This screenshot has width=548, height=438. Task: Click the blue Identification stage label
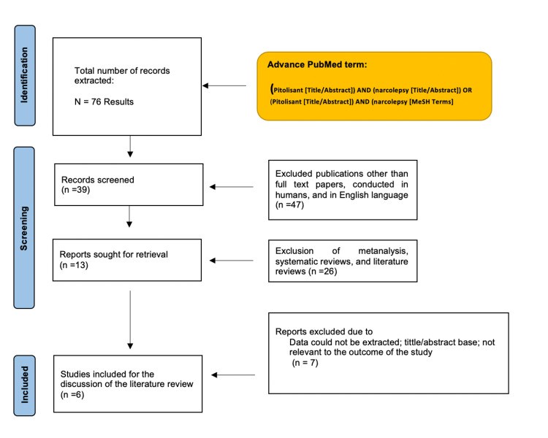pos(25,75)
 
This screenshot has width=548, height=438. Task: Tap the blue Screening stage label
pos(24,228)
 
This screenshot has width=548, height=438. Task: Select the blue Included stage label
pos(24,385)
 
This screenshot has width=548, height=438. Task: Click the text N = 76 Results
pos(104,102)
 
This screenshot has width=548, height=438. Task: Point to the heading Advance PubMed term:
pos(317,65)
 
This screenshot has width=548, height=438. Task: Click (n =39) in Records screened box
pos(75,190)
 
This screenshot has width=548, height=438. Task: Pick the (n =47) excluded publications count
pos(290,204)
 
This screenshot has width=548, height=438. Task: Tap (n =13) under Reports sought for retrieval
pos(74,265)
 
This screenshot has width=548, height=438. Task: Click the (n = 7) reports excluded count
pos(305,363)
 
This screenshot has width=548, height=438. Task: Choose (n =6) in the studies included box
pos(72,395)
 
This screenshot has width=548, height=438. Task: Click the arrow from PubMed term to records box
pos(224,85)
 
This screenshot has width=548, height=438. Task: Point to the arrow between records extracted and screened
pos(130,146)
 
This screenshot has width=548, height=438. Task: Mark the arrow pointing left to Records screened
pos(232,187)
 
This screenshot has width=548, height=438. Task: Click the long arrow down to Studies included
pos(130,320)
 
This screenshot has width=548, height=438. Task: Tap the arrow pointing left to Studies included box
pos(233,374)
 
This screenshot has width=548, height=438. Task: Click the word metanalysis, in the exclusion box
pos(383,251)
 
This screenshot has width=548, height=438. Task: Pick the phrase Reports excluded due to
pos(324,331)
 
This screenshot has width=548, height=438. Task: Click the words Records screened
pos(98,180)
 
